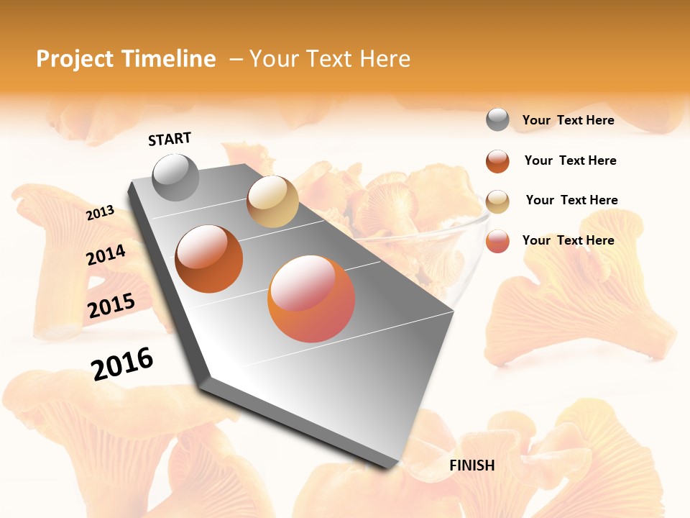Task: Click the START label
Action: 170,139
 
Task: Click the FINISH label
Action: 471,465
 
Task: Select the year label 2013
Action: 101,213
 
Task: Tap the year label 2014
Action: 106,255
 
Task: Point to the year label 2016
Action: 122,363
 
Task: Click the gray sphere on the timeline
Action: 175,177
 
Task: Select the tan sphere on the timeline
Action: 272,201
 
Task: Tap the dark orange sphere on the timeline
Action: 209,259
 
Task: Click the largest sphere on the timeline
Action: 311,299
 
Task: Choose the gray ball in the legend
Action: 497,119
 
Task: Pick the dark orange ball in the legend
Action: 497,161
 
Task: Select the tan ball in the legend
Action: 497,201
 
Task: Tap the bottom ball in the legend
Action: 497,241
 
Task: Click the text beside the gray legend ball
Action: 568,120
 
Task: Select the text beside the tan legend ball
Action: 571,200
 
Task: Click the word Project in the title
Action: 75,59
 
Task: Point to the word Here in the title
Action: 385,59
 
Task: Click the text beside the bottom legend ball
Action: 568,240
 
